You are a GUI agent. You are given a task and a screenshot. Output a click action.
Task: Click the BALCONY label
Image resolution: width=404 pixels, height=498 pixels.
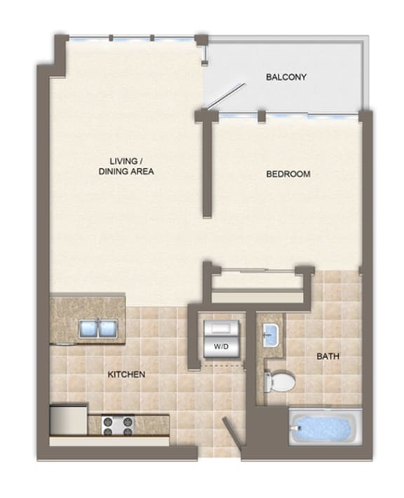coord(286,77)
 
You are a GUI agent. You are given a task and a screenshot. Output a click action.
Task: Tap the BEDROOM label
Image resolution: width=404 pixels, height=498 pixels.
coord(288,174)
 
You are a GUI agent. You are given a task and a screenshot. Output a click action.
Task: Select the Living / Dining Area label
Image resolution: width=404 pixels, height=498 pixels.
coord(126,166)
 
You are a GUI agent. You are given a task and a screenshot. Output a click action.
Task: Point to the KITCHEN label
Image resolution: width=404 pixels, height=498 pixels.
coord(126,374)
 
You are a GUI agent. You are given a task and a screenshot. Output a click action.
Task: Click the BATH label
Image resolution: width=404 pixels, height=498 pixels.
coord(328,356)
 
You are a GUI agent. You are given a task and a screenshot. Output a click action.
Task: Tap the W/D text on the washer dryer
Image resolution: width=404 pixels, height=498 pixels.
coord(221,346)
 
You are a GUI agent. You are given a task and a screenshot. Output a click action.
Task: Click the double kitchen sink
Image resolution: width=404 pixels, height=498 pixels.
coord(98,328)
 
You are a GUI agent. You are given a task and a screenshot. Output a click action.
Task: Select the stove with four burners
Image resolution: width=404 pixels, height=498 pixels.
coord(118,425)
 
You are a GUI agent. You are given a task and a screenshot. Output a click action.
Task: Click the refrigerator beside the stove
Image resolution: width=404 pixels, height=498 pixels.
coord(69,420)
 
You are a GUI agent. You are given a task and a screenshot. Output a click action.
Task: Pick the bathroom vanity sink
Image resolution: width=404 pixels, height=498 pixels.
coord(271,335)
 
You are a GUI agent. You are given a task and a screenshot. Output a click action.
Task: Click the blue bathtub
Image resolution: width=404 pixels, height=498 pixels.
coord(325,427)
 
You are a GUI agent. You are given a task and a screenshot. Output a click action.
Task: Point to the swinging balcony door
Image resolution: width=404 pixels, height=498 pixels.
coord(225,96)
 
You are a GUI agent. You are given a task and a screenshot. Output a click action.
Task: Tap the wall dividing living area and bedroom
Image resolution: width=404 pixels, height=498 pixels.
coord(208,165)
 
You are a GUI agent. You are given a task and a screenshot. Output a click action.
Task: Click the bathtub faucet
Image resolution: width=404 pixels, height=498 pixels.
coord(298,428)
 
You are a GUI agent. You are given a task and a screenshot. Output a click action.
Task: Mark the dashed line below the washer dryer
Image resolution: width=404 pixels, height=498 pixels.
coord(223,366)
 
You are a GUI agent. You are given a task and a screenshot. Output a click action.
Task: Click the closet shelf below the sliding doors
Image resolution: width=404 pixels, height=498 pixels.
coord(257,297)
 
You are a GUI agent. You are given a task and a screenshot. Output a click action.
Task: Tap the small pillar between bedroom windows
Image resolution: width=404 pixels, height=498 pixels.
coord(262,116)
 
